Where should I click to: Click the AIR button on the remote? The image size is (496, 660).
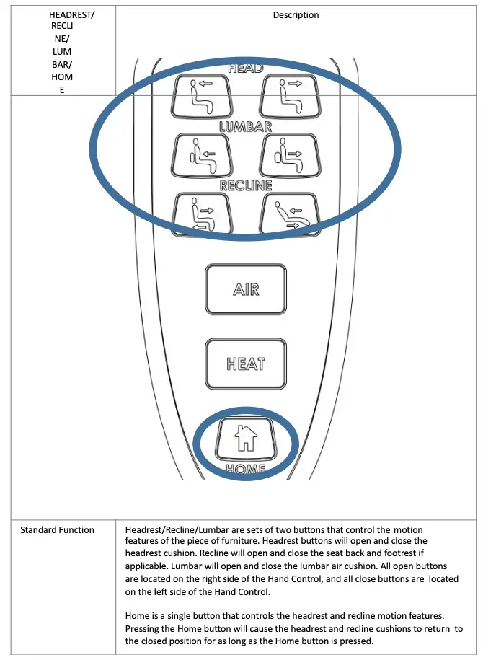pyautogui.click(x=246, y=289)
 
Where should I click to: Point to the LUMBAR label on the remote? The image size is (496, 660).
pyautogui.click(x=245, y=126)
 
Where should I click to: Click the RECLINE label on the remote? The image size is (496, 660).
pyautogui.click(x=246, y=185)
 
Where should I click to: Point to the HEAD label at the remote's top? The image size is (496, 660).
pyautogui.click(x=245, y=69)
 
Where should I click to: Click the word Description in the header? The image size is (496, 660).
pyautogui.click(x=296, y=14)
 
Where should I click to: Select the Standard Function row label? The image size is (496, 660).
pyautogui.click(x=57, y=530)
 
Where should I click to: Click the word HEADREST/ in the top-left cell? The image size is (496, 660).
pyautogui.click(x=71, y=14)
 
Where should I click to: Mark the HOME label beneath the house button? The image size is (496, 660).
pyautogui.click(x=246, y=469)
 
